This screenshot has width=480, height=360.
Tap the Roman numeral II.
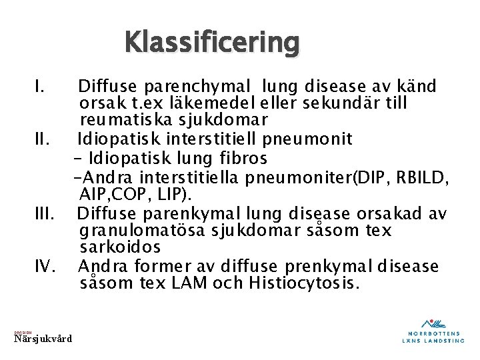point(43,139)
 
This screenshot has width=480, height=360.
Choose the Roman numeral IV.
point(45,267)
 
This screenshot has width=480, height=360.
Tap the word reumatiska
point(119,121)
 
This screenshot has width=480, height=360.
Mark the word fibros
point(244,158)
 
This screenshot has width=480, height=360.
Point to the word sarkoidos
point(120,248)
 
